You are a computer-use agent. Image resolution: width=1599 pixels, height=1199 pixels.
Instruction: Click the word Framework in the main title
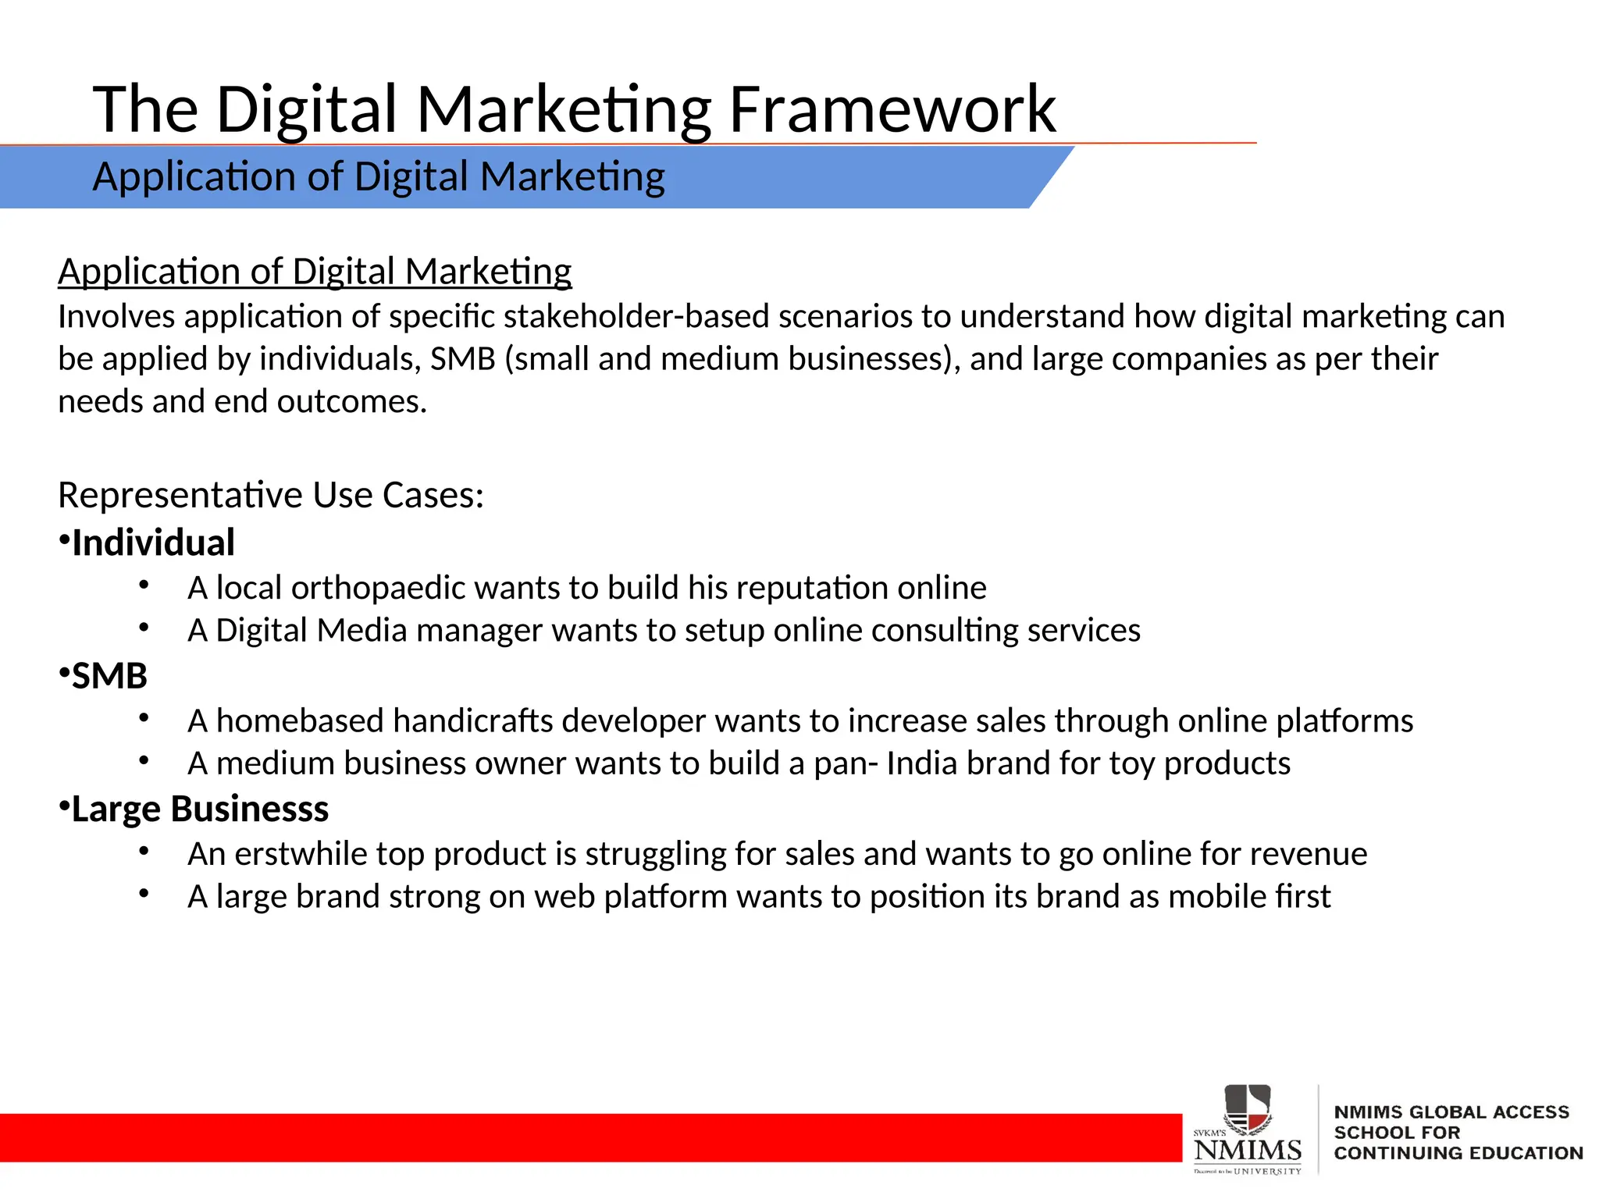[892, 109]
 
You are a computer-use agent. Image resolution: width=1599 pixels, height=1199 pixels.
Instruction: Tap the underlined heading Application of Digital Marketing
[315, 272]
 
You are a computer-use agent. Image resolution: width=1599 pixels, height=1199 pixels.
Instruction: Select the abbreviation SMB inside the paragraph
[462, 359]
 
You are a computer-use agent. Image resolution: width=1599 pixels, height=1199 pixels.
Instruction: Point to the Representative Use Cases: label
[271, 495]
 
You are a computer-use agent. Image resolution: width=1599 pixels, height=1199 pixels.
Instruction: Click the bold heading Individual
[153, 543]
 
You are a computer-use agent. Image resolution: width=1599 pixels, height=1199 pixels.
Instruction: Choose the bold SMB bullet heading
[109, 676]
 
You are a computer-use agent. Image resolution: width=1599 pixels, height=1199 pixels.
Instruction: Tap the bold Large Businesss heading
[200, 809]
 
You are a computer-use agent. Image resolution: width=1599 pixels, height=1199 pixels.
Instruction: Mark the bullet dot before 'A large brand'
[144, 894]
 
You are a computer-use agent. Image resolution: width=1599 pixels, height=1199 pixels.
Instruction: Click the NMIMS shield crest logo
[1248, 1108]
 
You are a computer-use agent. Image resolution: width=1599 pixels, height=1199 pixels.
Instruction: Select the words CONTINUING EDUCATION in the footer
[1458, 1153]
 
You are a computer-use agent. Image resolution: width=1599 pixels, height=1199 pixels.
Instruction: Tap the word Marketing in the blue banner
[572, 176]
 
